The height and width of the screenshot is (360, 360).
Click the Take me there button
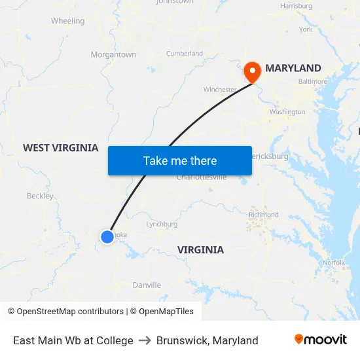[x=180, y=160]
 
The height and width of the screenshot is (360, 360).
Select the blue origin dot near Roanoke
[x=107, y=236]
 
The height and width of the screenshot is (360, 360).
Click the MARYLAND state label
[x=293, y=68]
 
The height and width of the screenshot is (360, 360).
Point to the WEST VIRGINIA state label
[x=60, y=148]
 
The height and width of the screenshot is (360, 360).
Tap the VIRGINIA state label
[x=200, y=249]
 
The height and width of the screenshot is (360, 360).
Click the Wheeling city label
[x=68, y=21]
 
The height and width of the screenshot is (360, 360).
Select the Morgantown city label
[x=113, y=55]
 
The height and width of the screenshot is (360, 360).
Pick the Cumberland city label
[x=184, y=54]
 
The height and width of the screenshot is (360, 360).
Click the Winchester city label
[x=219, y=90]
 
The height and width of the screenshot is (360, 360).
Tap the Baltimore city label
[x=312, y=82]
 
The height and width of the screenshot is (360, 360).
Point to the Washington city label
[x=287, y=112]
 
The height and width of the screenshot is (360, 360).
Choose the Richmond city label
[x=263, y=215]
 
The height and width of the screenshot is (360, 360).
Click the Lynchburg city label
[x=162, y=224]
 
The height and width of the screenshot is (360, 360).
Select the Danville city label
[x=147, y=285]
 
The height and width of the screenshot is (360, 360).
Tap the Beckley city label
[x=40, y=196]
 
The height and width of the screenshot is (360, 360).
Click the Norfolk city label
[x=333, y=262]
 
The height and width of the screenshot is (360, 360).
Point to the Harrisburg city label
[x=296, y=6]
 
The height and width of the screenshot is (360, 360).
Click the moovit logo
[x=320, y=340]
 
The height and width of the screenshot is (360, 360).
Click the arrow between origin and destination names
[x=145, y=340]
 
